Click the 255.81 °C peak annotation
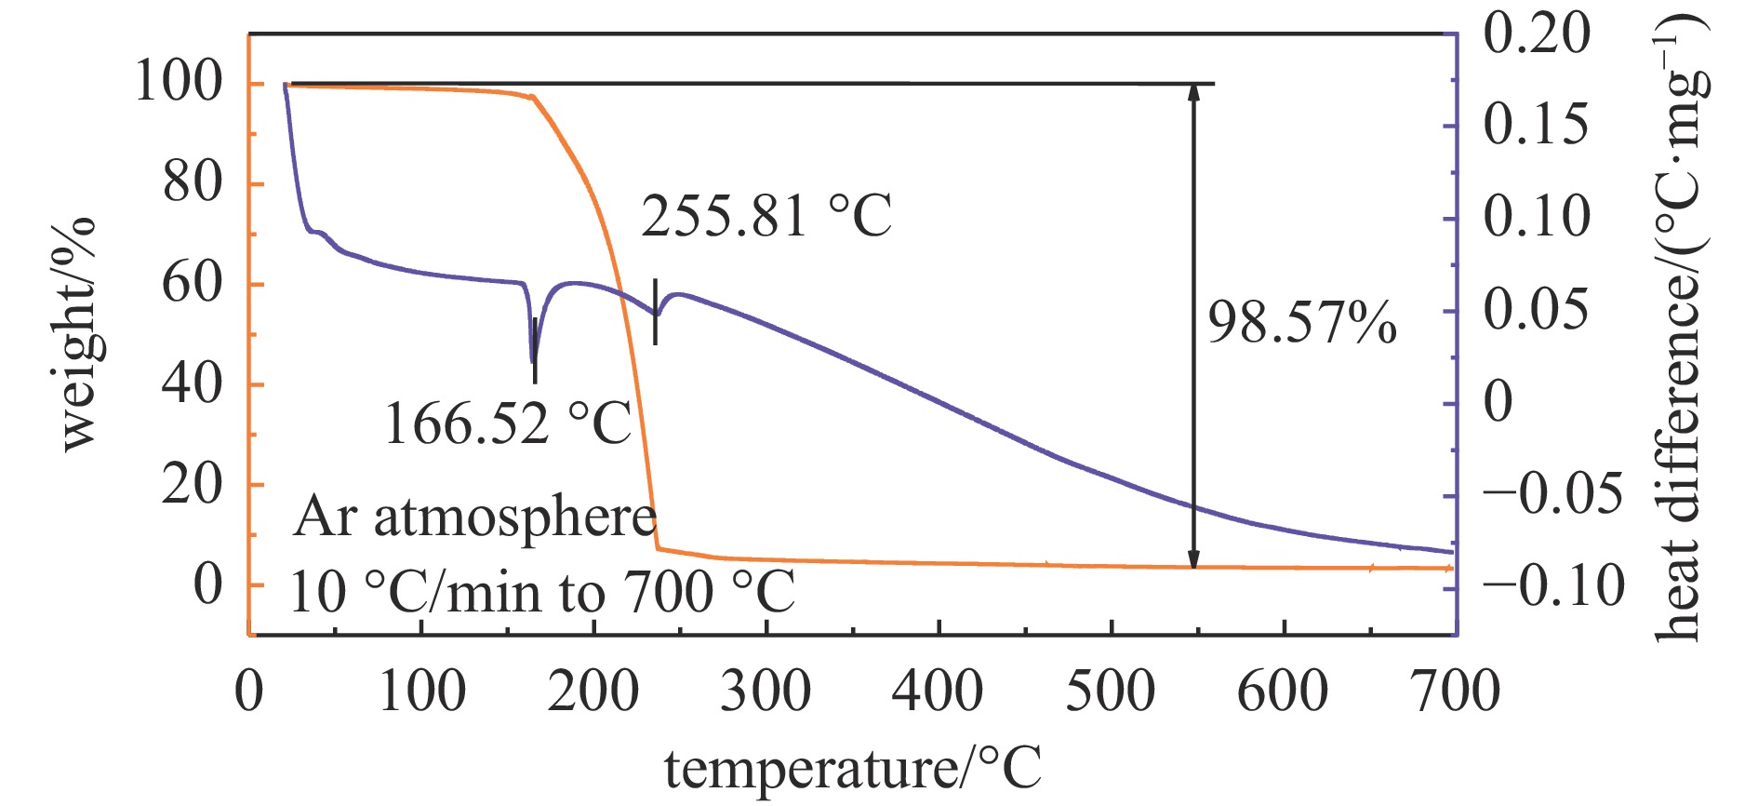click(x=766, y=216)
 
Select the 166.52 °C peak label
click(x=507, y=423)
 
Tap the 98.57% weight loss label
click(x=1301, y=324)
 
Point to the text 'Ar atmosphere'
click(x=474, y=517)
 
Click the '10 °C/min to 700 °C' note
click(x=542, y=592)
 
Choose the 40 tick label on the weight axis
click(x=193, y=383)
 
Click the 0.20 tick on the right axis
click(x=1537, y=34)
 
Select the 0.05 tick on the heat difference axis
click(x=1537, y=310)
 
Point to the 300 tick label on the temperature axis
click(x=766, y=692)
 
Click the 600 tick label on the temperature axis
click(x=1283, y=692)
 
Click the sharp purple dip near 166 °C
click(x=533, y=359)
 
